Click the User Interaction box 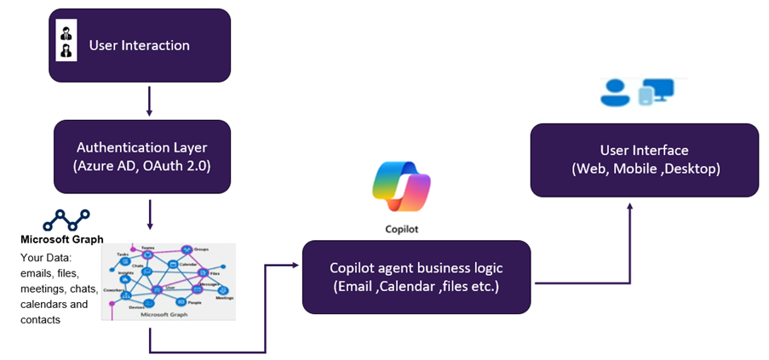[139, 45]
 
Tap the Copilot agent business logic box [416, 277]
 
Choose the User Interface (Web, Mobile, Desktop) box [645, 160]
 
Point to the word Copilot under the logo [402, 229]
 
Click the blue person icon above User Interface [615, 93]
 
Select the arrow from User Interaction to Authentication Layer [150, 100]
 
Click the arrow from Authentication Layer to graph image [150, 214]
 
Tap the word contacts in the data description [42, 320]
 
